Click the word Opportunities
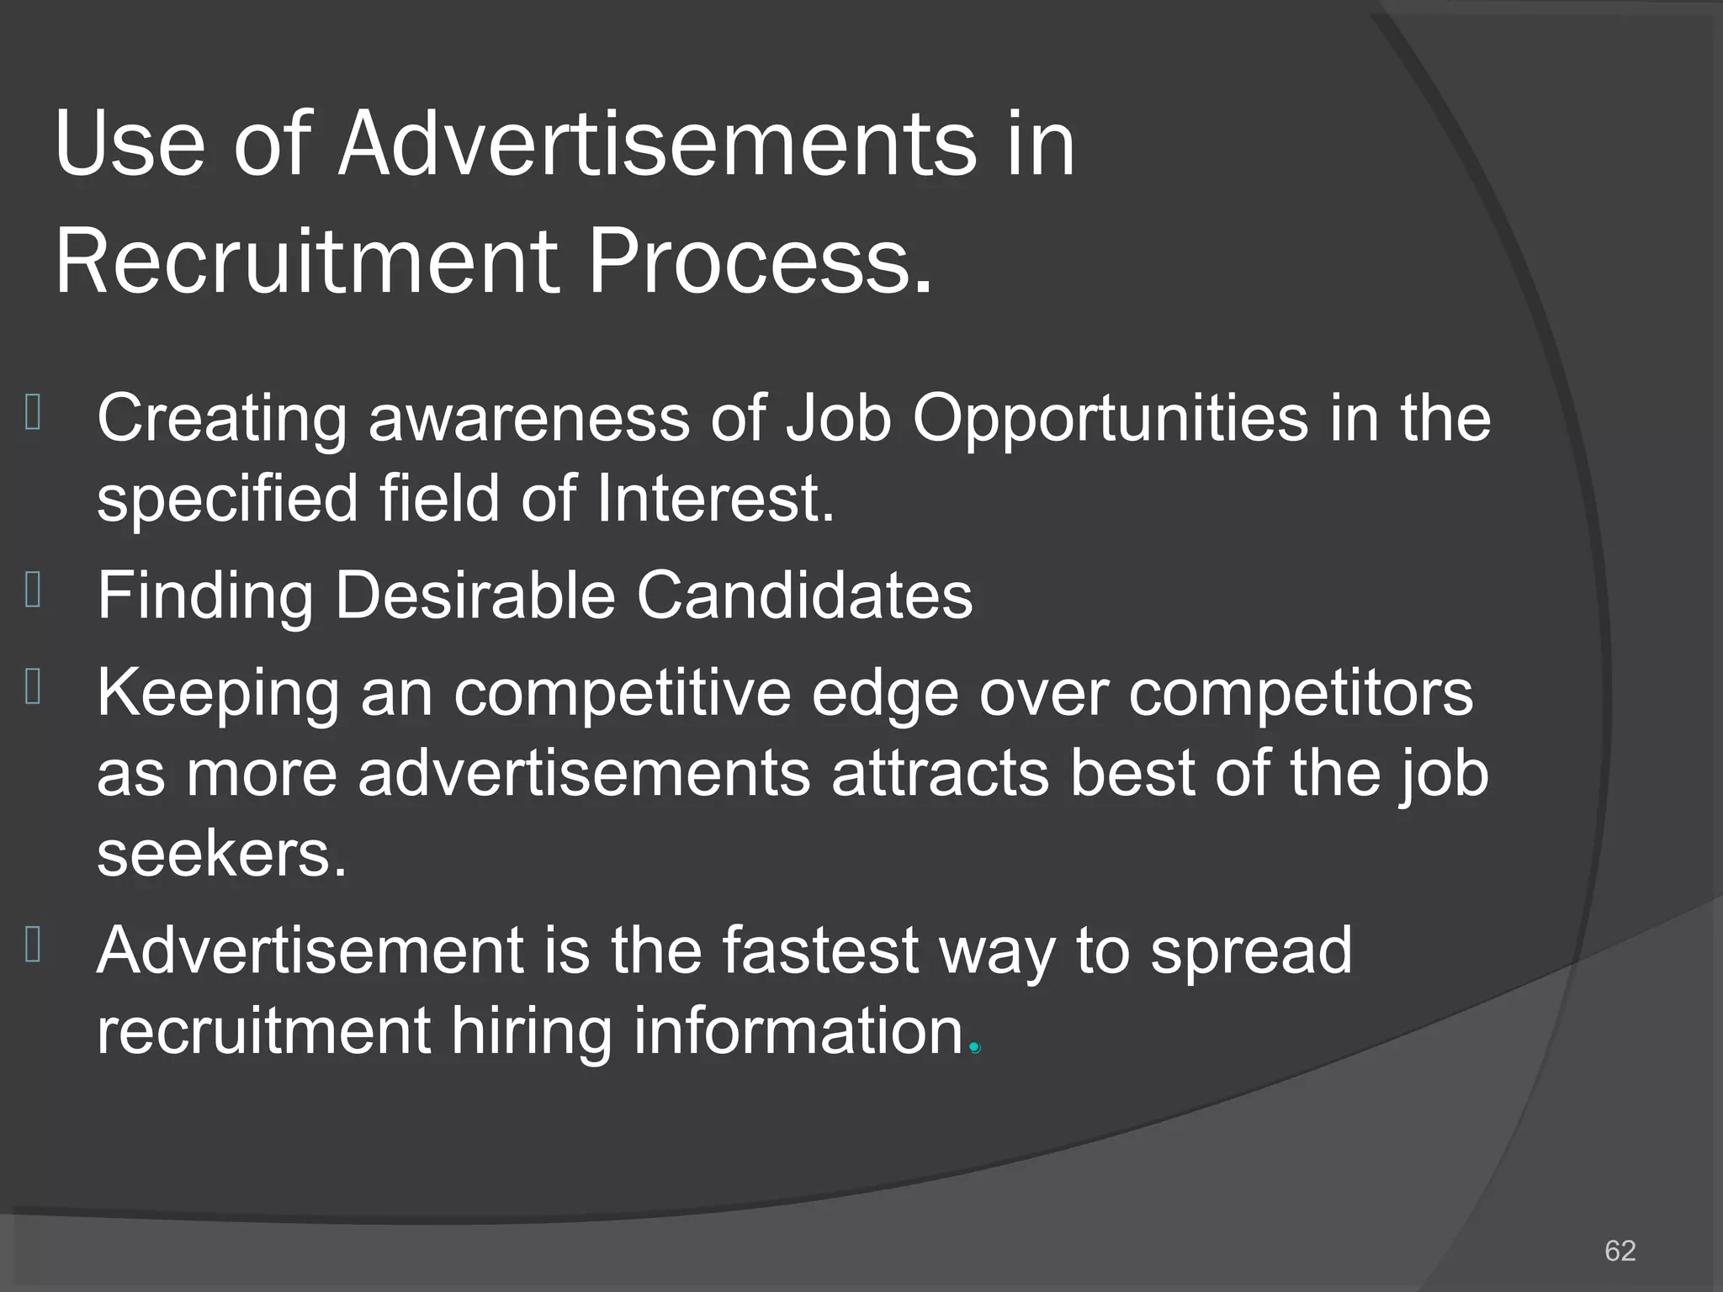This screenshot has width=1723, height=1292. [x=1111, y=418]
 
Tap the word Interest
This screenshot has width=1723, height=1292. [x=715, y=498]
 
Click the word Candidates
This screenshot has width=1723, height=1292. [x=804, y=595]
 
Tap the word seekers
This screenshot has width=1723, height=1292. [x=221, y=853]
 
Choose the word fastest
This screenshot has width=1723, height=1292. [x=820, y=950]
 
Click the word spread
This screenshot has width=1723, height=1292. [x=1251, y=950]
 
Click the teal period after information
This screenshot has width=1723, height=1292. [x=975, y=1048]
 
